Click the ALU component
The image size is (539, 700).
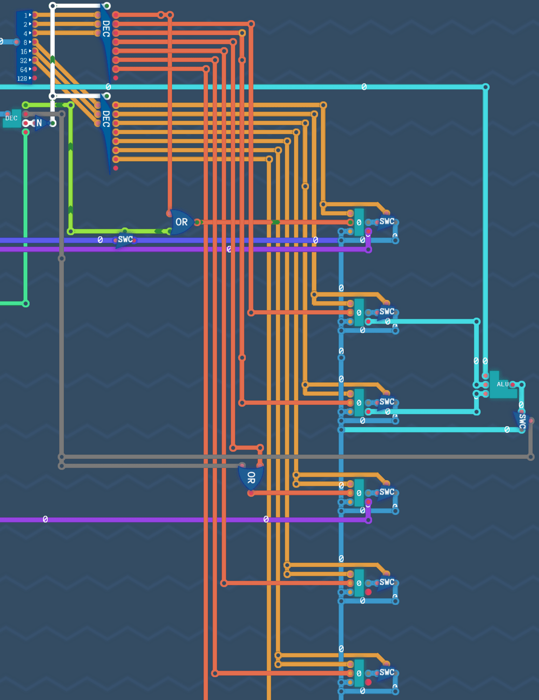502,385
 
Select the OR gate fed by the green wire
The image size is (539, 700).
181,222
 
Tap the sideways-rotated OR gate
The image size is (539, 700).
251,478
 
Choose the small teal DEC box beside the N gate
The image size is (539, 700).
11,118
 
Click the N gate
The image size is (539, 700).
39,123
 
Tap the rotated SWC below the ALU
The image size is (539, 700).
522,421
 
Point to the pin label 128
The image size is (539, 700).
22,79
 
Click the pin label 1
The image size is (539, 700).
25,16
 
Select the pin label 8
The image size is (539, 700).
25,43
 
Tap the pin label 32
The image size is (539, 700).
23,61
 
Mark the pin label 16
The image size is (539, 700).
23,52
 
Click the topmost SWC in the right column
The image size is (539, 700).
387,221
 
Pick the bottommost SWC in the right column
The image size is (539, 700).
387,673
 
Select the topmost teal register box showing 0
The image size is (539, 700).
359,222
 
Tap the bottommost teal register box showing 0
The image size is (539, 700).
359,673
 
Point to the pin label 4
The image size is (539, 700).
25,34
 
